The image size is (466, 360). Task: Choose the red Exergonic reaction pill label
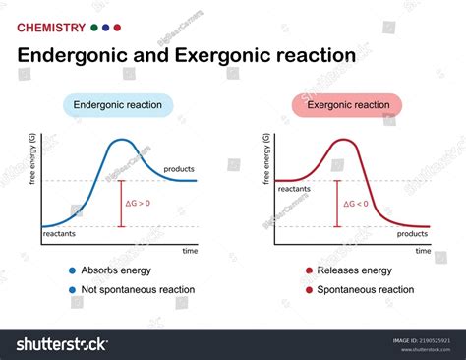pos(347,105)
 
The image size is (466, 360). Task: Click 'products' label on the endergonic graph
pos(179,168)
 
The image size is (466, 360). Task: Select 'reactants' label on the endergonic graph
pos(59,234)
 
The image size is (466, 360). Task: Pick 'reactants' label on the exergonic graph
pos(296,187)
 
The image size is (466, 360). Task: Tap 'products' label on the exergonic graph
pos(412,234)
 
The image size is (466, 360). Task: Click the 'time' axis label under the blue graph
pos(190,252)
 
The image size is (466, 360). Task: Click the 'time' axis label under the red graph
pos(423,252)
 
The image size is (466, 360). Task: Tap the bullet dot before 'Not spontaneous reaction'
pos(73,290)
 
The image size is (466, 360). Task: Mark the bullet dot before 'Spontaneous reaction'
pos(309,290)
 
